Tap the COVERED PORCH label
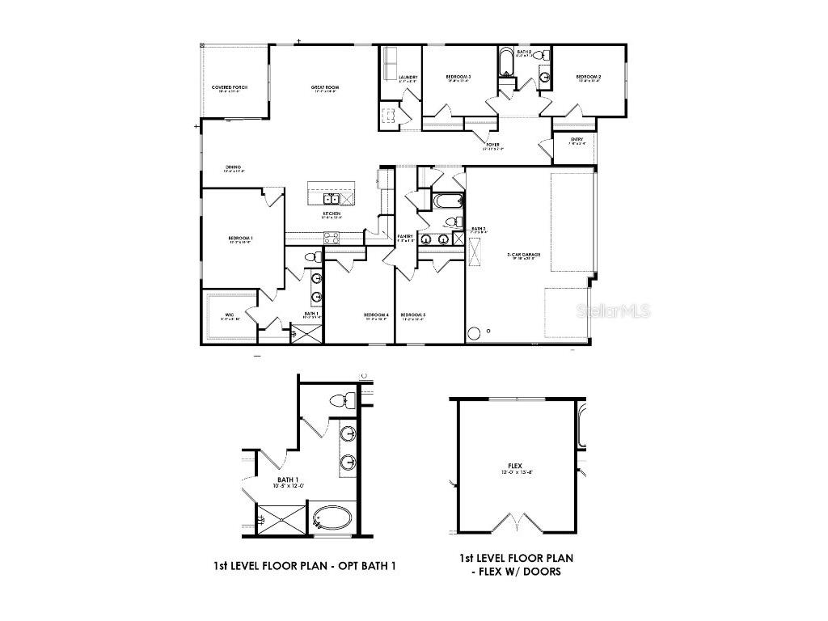230,87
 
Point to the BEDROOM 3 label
458,78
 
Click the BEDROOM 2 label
589,78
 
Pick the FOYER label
492,146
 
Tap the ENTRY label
577,140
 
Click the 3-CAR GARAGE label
524,256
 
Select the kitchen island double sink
332,198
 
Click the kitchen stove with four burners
332,237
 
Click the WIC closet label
230,315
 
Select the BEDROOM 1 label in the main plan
241,239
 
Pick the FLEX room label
514,467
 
